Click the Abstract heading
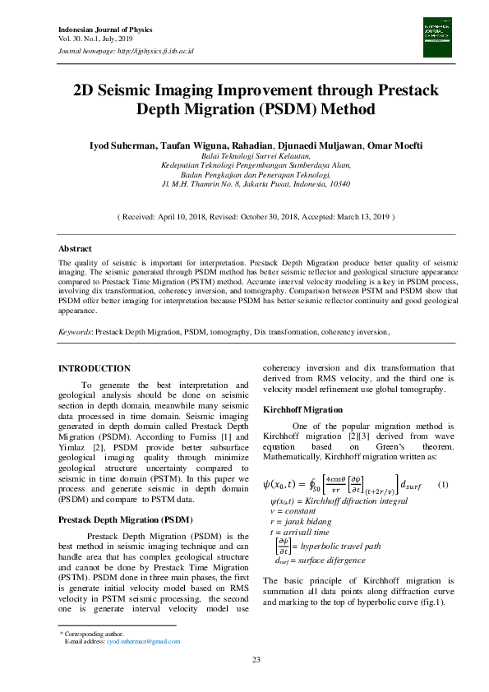click(75, 248)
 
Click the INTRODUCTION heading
click(95, 369)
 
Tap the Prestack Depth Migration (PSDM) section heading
click(125, 520)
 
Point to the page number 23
click(256, 660)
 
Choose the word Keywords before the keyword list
click(74, 332)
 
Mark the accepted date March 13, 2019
click(358, 217)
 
